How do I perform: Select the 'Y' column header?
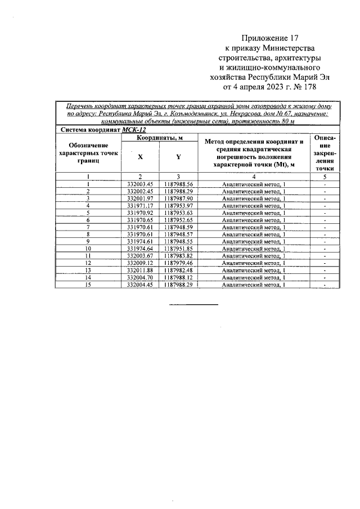coord(178,157)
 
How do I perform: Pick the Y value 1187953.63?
coord(178,213)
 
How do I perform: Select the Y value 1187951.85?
coord(178,249)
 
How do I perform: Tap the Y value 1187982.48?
coord(178,270)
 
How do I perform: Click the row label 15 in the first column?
coord(88,285)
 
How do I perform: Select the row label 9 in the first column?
coord(88,241)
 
